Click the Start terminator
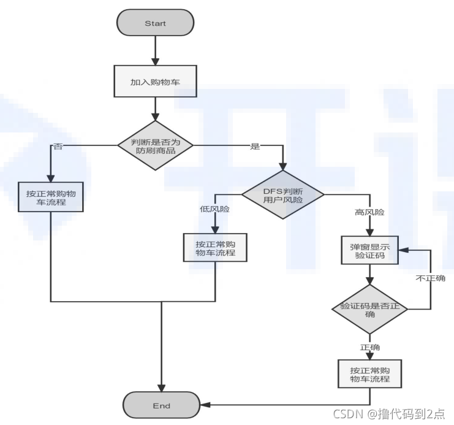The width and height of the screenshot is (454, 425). (156, 23)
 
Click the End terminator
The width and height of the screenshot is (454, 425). (162, 405)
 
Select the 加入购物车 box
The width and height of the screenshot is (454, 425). (156, 82)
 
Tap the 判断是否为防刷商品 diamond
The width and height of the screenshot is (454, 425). (156, 145)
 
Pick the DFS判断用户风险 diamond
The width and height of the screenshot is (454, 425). (283, 194)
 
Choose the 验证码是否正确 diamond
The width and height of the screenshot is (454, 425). (369, 309)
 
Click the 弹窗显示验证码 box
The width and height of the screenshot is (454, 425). (369, 250)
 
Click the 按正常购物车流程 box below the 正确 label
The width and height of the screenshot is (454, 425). (369, 374)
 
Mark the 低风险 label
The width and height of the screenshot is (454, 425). (214, 209)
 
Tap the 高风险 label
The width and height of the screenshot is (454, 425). (368, 212)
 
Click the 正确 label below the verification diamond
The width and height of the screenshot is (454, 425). (369, 347)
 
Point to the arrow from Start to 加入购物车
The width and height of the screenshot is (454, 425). (156, 50)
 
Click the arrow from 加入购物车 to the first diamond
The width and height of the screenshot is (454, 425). (156, 112)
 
